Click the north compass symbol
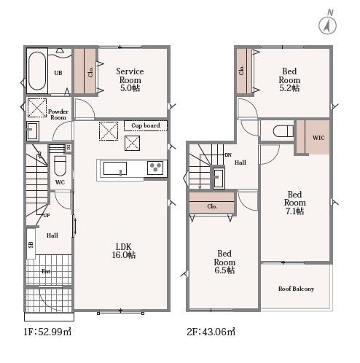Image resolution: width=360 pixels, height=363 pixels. pos(328,23)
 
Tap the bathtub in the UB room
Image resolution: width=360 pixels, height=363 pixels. pos(37,71)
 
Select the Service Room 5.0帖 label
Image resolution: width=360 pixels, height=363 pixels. pos(130,79)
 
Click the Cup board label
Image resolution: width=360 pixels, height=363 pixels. pos(146,125)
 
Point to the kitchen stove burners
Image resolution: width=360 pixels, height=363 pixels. pos(155,168)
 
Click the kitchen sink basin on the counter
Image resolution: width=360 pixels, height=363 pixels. pos(115,168)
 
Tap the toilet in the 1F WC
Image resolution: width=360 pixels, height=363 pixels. pos(60,165)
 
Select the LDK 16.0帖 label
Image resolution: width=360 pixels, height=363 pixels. pos(124,251)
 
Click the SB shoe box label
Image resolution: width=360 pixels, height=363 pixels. pos(31,244)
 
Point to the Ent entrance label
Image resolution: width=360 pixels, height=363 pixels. pos(46,271)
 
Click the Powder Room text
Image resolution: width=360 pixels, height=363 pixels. pos(58,114)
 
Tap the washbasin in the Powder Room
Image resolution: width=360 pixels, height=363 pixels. pos(33,130)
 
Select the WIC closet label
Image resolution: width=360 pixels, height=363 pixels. pos(318,138)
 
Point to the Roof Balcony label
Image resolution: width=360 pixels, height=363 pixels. pos(296,289)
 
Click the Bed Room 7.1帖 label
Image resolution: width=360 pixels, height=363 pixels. pos(294,203)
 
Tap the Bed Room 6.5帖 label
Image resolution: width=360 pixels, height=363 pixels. pos(224,262)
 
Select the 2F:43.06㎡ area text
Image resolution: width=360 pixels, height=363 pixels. pos(211,332)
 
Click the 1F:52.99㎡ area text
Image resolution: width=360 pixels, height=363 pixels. pos(47,332)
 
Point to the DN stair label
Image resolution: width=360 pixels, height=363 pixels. pos(228,155)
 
